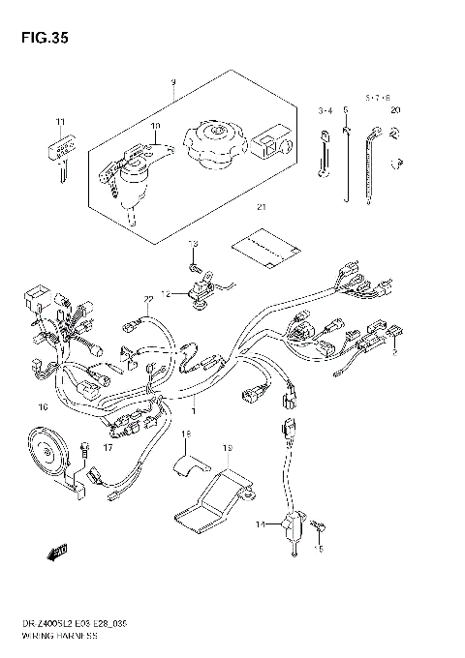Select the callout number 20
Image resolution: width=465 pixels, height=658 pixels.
(395, 111)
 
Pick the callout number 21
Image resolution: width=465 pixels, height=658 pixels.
(259, 207)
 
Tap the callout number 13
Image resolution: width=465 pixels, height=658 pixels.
(192, 243)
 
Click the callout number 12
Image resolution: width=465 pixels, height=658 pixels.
(166, 293)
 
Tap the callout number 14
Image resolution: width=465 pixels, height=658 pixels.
(260, 523)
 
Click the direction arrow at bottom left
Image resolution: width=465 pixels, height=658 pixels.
(55, 551)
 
